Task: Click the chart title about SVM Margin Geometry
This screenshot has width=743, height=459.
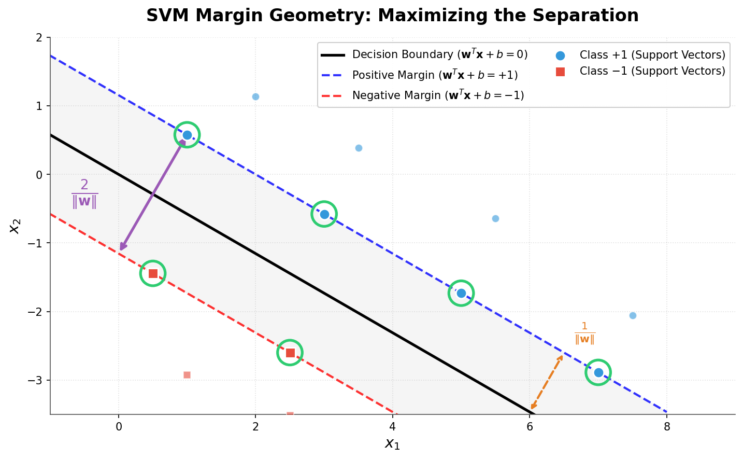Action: point(392,16)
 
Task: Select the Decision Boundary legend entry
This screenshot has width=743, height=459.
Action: point(424,55)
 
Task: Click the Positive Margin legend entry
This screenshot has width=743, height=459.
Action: point(419,75)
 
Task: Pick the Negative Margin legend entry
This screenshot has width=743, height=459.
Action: point(422,95)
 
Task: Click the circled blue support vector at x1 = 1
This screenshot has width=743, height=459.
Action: point(187,135)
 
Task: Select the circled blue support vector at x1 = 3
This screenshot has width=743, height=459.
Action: point(324,214)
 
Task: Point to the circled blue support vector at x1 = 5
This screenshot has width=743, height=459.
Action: point(461,293)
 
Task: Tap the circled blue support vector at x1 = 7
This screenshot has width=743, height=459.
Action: point(598,372)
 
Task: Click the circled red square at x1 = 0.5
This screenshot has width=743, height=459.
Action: point(153,273)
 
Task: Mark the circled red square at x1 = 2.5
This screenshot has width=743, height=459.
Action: point(290,353)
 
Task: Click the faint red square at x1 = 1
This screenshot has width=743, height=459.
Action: point(187,375)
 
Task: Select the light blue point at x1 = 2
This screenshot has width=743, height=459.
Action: point(255,96)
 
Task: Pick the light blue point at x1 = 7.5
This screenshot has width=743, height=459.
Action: point(633,315)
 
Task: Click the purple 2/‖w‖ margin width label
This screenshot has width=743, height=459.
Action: point(84,193)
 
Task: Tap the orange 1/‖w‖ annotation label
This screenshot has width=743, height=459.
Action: point(584,333)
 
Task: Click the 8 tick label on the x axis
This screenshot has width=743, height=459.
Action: point(667,427)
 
